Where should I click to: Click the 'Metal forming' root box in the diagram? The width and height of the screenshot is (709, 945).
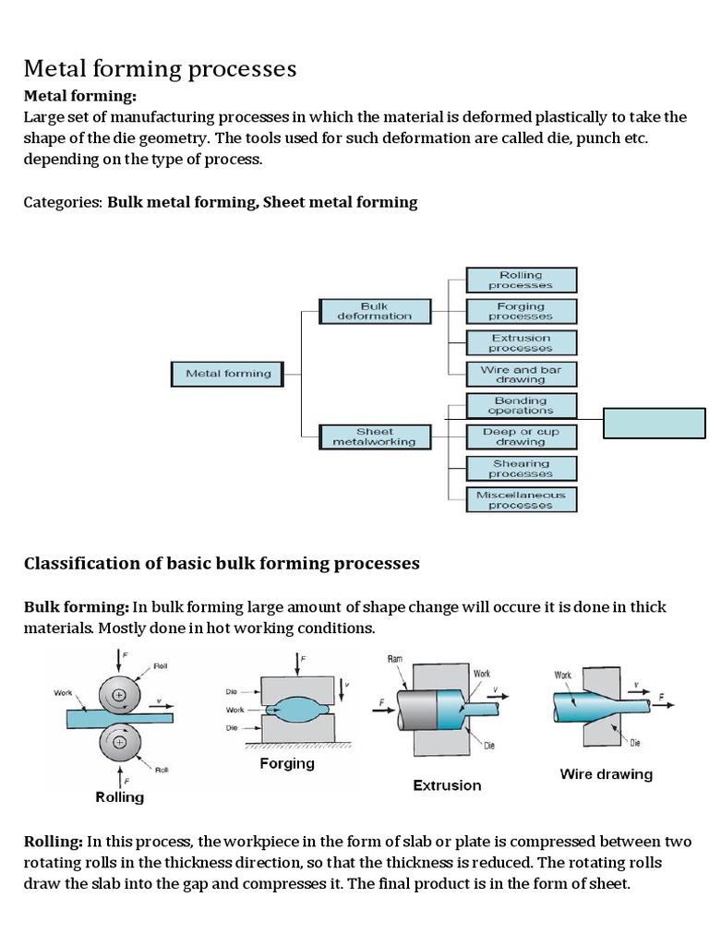click(x=229, y=374)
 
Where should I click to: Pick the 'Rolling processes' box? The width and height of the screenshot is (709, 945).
click(x=522, y=280)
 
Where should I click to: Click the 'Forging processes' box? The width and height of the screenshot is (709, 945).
click(x=522, y=311)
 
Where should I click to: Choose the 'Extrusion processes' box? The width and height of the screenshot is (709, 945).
click(x=522, y=342)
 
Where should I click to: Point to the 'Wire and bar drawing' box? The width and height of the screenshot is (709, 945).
click(x=522, y=374)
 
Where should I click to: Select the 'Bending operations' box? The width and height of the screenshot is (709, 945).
click(x=522, y=405)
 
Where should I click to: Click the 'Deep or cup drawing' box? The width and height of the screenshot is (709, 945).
click(x=522, y=437)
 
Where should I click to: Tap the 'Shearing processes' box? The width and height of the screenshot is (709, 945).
click(x=522, y=468)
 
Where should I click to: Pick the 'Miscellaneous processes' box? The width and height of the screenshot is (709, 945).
click(x=522, y=500)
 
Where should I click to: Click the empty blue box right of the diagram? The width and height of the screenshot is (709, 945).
click(x=655, y=422)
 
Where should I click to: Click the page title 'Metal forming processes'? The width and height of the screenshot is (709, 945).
click(x=160, y=68)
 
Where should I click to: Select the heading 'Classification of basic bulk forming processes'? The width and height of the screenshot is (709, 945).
click(x=222, y=563)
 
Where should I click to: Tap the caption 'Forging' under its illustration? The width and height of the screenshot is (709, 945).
click(x=287, y=763)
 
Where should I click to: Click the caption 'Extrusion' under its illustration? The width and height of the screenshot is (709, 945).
click(x=447, y=785)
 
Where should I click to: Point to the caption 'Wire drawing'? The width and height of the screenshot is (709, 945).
click(x=606, y=774)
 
